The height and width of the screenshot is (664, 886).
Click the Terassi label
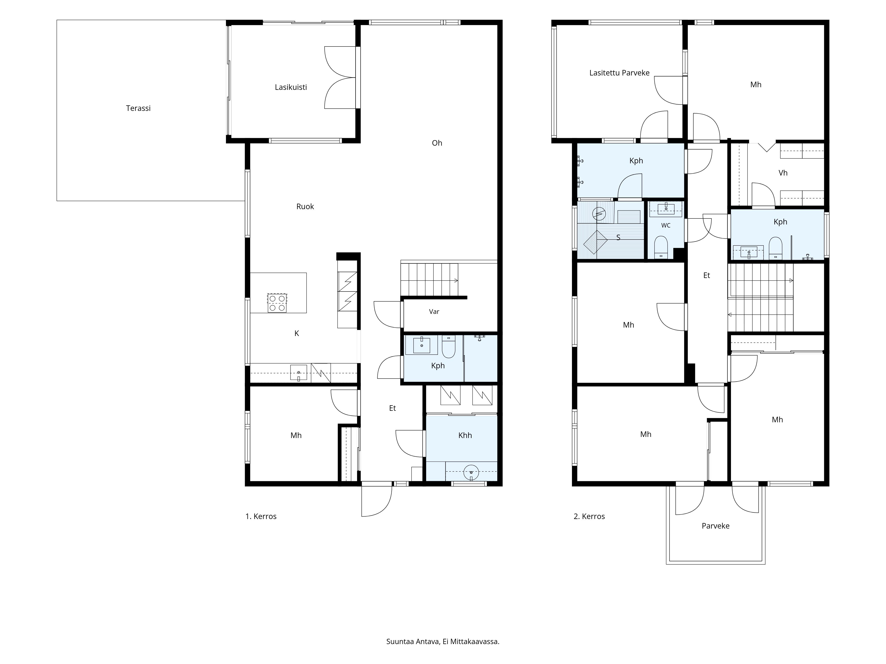(138, 108)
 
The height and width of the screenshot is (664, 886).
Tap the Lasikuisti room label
(291, 87)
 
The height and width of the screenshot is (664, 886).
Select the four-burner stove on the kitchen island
(277, 303)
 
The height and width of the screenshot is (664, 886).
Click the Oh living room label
(437, 143)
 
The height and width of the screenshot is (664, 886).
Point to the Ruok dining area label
(305, 207)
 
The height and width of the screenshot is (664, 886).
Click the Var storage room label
(434, 311)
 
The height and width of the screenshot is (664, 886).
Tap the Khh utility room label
(465, 435)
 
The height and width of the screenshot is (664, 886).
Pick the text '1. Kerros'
(261, 516)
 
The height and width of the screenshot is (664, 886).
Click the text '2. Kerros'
(589, 516)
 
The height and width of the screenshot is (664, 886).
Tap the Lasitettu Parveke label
(619, 73)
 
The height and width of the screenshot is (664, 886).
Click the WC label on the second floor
(666, 225)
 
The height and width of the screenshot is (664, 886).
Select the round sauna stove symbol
(599, 214)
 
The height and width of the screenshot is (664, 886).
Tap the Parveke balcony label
(715, 526)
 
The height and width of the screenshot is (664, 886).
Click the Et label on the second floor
(707, 275)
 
